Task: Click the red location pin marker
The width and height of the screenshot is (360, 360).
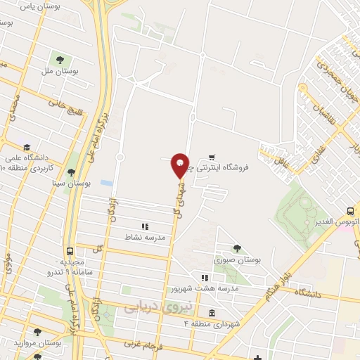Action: click(x=180, y=165)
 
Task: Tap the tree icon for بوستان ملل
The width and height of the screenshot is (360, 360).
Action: click(x=58, y=58)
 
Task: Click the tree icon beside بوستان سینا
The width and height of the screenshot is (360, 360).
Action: click(x=70, y=172)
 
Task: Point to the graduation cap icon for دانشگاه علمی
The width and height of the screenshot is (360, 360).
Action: click(x=27, y=148)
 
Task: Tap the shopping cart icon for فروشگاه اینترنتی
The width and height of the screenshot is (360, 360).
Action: click(x=212, y=158)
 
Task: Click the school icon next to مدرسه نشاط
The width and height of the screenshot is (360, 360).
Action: click(x=145, y=226)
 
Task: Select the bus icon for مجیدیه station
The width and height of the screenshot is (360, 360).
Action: click(x=70, y=251)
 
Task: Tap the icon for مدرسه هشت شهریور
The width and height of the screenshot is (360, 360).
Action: click(x=205, y=277)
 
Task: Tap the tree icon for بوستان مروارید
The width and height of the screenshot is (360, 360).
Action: click(x=37, y=331)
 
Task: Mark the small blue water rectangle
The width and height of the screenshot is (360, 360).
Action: click(x=106, y=183)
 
